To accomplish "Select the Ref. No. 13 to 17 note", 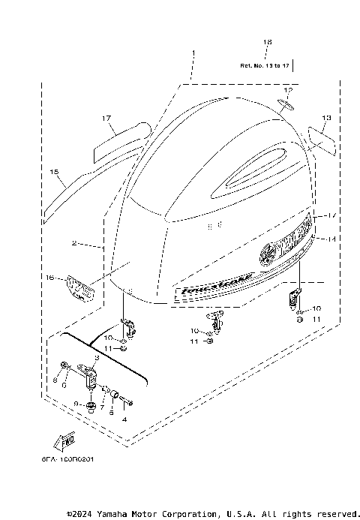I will click(x=265, y=66).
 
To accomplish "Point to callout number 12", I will click(x=288, y=91).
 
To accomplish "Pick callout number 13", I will click(x=326, y=118).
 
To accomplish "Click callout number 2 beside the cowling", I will click(x=75, y=244).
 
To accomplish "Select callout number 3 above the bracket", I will click(x=97, y=359).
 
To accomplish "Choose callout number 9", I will click(x=76, y=404).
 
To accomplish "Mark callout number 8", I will click(x=54, y=380).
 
